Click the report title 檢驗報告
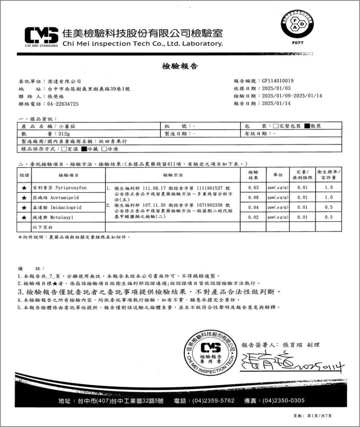(x=180, y=66)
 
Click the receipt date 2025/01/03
(x=275, y=88)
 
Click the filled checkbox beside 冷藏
(x=83, y=148)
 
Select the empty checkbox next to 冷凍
(x=104, y=148)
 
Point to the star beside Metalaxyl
(x=24, y=217)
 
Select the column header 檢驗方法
(x=173, y=173)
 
